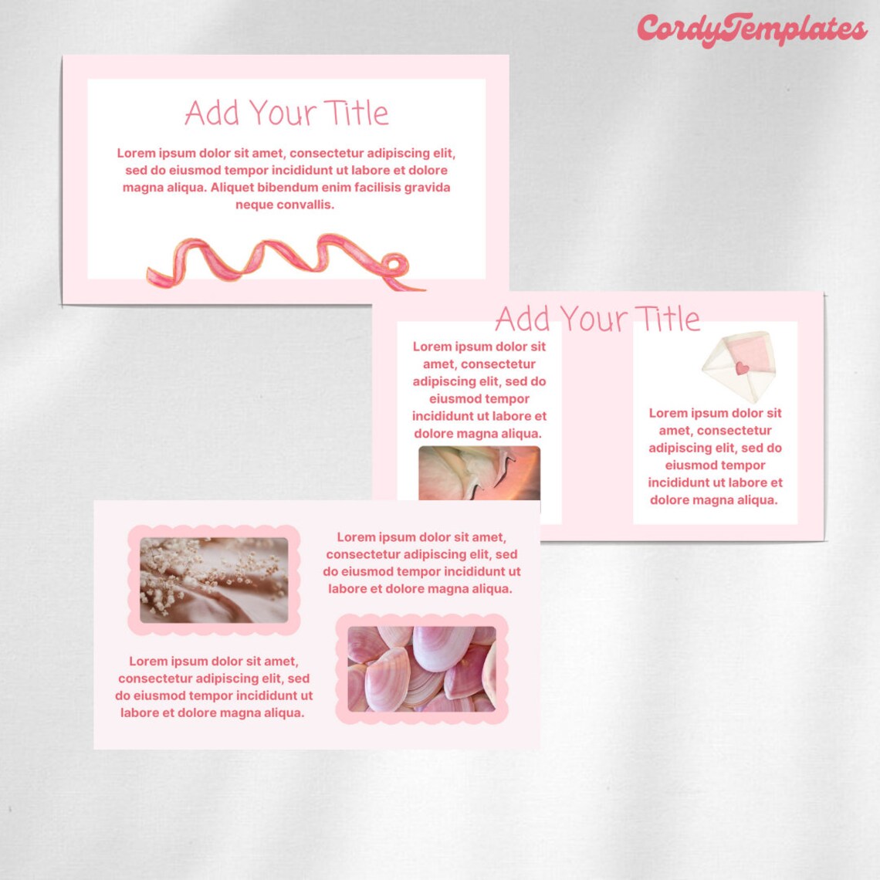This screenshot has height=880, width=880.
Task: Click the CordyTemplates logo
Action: point(751,30)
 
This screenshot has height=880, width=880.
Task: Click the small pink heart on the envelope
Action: point(742,368)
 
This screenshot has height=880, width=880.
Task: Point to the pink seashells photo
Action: point(421,668)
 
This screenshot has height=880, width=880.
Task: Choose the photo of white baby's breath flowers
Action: point(214,580)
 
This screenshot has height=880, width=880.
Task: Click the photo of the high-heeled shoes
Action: point(479,472)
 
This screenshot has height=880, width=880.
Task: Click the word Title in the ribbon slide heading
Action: point(356,113)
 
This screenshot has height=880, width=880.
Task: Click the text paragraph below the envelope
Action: point(715,456)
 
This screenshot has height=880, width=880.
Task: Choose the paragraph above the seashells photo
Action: point(421,563)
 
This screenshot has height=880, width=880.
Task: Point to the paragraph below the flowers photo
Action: point(214,687)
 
